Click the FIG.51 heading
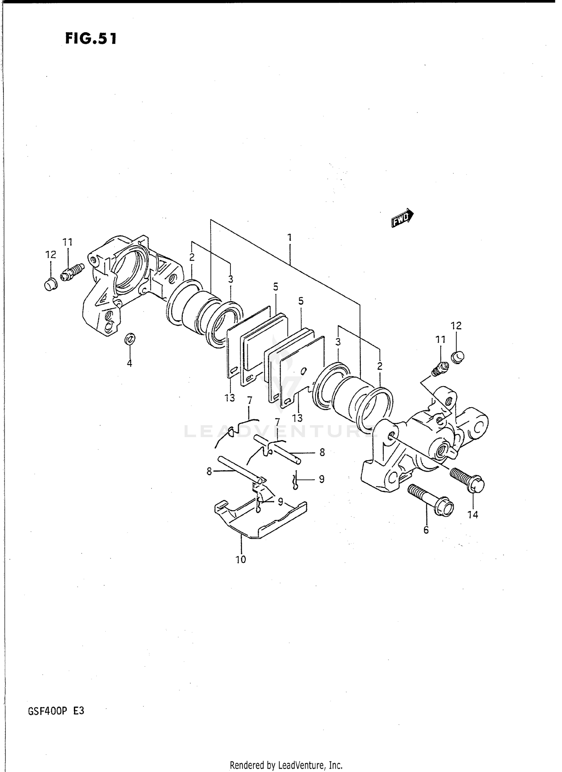click(91, 38)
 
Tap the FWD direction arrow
click(402, 218)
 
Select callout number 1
click(289, 237)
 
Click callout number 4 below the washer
click(129, 363)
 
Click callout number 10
click(241, 559)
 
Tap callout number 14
click(473, 515)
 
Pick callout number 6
click(426, 530)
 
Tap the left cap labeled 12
click(50, 285)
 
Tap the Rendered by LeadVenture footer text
click(286, 765)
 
